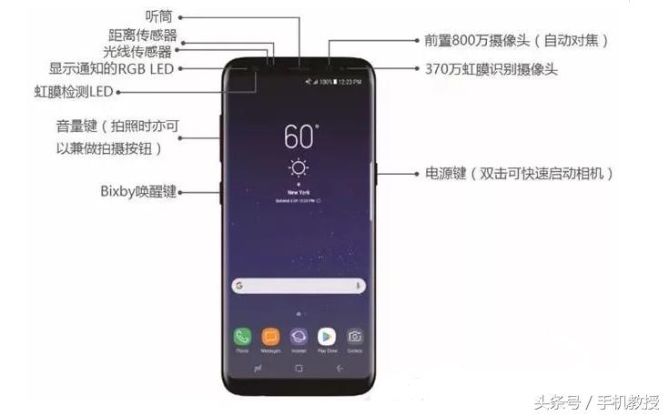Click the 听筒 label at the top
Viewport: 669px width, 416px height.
click(159, 16)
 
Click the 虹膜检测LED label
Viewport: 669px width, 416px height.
click(73, 92)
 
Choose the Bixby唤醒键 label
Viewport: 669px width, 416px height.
click(137, 192)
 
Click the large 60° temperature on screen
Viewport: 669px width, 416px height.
click(300, 137)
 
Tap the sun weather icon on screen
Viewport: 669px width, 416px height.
click(298, 168)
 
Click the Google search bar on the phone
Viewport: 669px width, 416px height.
click(298, 285)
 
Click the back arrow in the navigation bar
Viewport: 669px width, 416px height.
click(340, 368)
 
